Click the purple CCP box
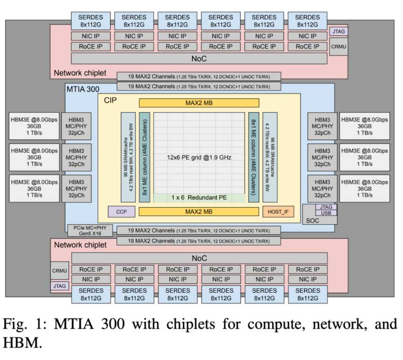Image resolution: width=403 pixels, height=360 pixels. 122,212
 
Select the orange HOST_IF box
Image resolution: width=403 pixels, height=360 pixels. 278,212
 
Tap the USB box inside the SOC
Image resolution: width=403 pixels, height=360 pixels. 326,213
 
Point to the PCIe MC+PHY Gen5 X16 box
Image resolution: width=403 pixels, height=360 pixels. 90,231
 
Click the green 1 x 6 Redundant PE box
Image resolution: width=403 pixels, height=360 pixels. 199,198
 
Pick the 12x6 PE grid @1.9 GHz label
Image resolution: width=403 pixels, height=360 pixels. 199,157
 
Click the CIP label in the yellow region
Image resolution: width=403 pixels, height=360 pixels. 110,100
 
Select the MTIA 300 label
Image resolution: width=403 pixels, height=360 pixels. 83,89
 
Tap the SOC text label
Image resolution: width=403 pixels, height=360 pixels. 313,220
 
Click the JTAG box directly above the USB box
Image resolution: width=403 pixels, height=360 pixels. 326,207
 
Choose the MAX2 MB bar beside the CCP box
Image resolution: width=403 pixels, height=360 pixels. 199,212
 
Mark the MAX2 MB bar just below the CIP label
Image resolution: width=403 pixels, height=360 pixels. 199,103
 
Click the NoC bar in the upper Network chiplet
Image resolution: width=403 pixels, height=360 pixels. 199,59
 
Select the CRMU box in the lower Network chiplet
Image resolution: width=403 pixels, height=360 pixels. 60,271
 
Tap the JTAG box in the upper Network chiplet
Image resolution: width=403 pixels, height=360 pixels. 339,31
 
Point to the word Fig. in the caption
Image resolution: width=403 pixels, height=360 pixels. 15,324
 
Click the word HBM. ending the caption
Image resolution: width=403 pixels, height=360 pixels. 22,343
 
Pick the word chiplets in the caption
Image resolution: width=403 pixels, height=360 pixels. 191,324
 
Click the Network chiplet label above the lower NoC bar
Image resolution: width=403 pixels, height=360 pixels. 80,245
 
